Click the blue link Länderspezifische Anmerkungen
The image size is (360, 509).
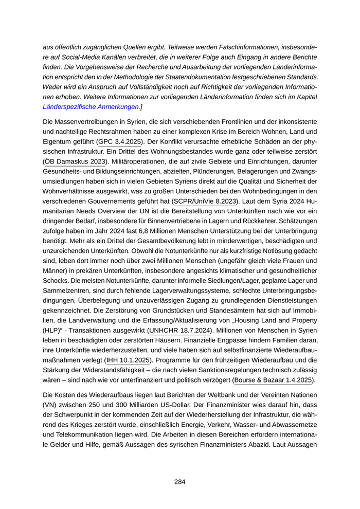[x=91, y=107]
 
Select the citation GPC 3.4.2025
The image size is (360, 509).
[x=120, y=142]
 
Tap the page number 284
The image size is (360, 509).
[x=179, y=482]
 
